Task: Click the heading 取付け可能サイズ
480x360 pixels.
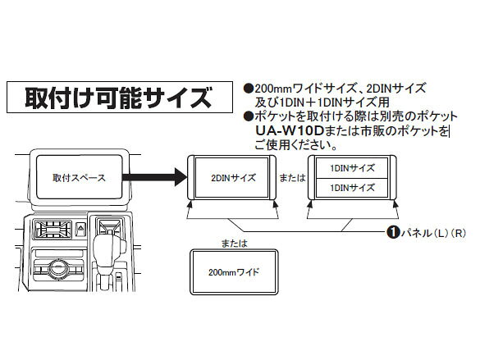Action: coord(118,98)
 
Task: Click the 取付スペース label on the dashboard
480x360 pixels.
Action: coord(79,178)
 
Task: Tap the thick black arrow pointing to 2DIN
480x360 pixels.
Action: coord(154,177)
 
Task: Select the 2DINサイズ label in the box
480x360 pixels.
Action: coord(233,178)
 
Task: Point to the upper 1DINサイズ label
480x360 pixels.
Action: coord(352,168)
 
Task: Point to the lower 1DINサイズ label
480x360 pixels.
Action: coord(352,188)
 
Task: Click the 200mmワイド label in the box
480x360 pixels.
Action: coord(234,272)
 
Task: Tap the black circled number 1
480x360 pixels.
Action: coord(393,232)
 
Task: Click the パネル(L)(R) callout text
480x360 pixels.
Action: coord(433,233)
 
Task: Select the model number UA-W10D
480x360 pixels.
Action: coord(290,131)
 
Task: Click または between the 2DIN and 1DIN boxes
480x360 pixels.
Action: coord(292,178)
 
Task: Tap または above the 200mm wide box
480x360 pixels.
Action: coord(234,244)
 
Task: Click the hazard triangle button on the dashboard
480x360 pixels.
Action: coord(80,229)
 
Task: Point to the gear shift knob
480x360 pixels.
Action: coord(110,247)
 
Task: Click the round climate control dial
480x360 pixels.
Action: coord(58,268)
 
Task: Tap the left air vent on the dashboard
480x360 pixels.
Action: coord(53,230)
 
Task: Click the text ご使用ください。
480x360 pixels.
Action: coord(296,144)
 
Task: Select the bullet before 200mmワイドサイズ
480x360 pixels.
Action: coord(249,89)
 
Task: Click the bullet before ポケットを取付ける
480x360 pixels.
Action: coord(249,116)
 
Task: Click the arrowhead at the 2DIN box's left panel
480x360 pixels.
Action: coord(190,204)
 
